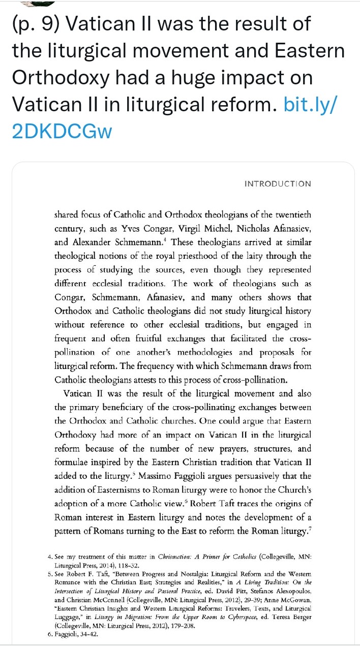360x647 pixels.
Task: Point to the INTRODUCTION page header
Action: [278, 184]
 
